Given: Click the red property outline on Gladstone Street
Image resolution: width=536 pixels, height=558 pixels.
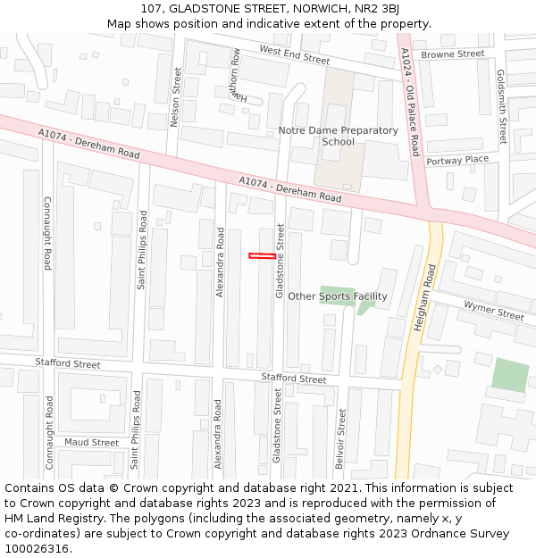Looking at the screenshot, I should point(262,256).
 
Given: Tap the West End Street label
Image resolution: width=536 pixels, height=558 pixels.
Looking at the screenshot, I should point(294,54).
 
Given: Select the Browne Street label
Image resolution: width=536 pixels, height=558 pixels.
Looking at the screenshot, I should point(452,54).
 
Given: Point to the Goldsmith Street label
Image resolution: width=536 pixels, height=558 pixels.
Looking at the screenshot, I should point(501,107).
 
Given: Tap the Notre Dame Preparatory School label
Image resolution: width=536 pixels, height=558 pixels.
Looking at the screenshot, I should point(338,136).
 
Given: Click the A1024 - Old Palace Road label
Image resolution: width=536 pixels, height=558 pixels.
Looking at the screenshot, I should point(410,101).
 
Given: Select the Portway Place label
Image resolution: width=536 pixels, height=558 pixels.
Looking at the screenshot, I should point(457,160).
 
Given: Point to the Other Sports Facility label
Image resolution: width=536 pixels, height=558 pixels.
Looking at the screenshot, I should point(338,296).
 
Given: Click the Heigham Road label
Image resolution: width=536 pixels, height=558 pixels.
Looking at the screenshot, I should point(423,298).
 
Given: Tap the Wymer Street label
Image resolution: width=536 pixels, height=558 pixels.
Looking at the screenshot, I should point(493,312).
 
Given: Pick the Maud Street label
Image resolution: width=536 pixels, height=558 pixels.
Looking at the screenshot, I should point(91,442).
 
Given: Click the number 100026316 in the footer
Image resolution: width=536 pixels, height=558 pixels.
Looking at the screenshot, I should point(38,549).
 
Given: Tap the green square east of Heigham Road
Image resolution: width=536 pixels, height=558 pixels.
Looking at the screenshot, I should point(510,375).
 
